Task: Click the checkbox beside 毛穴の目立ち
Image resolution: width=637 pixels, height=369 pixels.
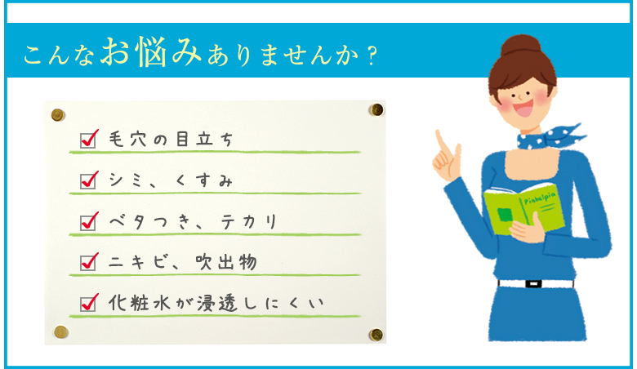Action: click(87, 140)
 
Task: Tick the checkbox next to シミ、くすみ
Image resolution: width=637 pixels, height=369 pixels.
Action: click(87, 181)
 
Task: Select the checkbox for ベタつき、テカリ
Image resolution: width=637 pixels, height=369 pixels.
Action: click(87, 222)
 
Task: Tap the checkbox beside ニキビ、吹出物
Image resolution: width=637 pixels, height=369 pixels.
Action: click(87, 263)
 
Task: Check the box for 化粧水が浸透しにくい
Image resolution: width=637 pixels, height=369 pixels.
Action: click(87, 304)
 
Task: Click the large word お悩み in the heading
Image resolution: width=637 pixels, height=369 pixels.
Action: click(151, 52)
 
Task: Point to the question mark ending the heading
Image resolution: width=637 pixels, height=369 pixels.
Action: click(371, 56)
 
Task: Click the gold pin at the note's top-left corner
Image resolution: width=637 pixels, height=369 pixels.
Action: click(58, 115)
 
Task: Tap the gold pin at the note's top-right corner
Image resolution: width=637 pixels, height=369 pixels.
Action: click(376, 109)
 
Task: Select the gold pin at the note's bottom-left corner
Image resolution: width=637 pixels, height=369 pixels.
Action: click(60, 332)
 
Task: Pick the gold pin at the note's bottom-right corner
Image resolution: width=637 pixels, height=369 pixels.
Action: click(376, 335)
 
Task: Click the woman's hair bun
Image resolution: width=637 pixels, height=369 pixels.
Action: click(521, 46)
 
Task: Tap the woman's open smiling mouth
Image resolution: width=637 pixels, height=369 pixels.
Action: click(523, 108)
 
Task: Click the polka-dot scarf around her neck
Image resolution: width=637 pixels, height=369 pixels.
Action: click(549, 137)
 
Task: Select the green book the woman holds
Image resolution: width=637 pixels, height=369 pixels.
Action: click(524, 209)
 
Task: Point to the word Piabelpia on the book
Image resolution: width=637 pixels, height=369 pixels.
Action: click(540, 198)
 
